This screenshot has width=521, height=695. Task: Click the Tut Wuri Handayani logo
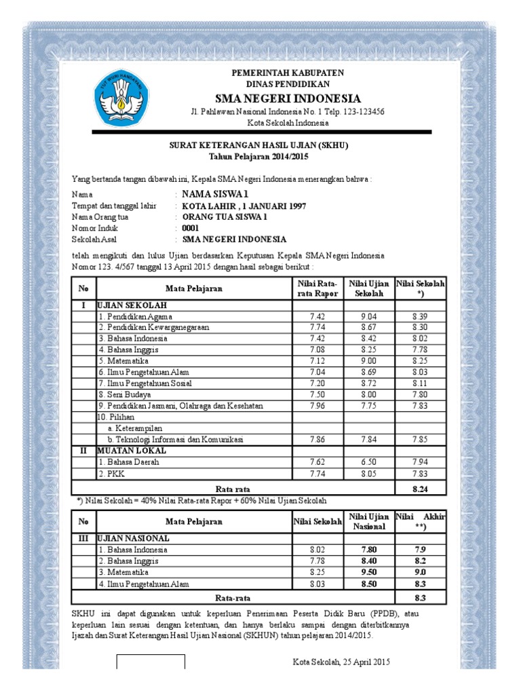(119, 100)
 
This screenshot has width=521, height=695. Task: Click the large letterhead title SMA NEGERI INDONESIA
(288, 98)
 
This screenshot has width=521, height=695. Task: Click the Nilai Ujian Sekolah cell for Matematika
(368, 361)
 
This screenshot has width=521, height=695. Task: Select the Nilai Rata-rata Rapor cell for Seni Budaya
(317, 394)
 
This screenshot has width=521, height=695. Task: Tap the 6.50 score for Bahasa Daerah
(368, 462)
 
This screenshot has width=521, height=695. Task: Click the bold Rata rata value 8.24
(421, 488)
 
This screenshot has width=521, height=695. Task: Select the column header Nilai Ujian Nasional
(368, 521)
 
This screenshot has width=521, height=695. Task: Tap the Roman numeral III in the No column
(83, 538)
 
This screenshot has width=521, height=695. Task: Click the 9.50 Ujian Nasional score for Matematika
(368, 572)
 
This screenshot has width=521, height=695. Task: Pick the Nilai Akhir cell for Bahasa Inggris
(420, 561)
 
